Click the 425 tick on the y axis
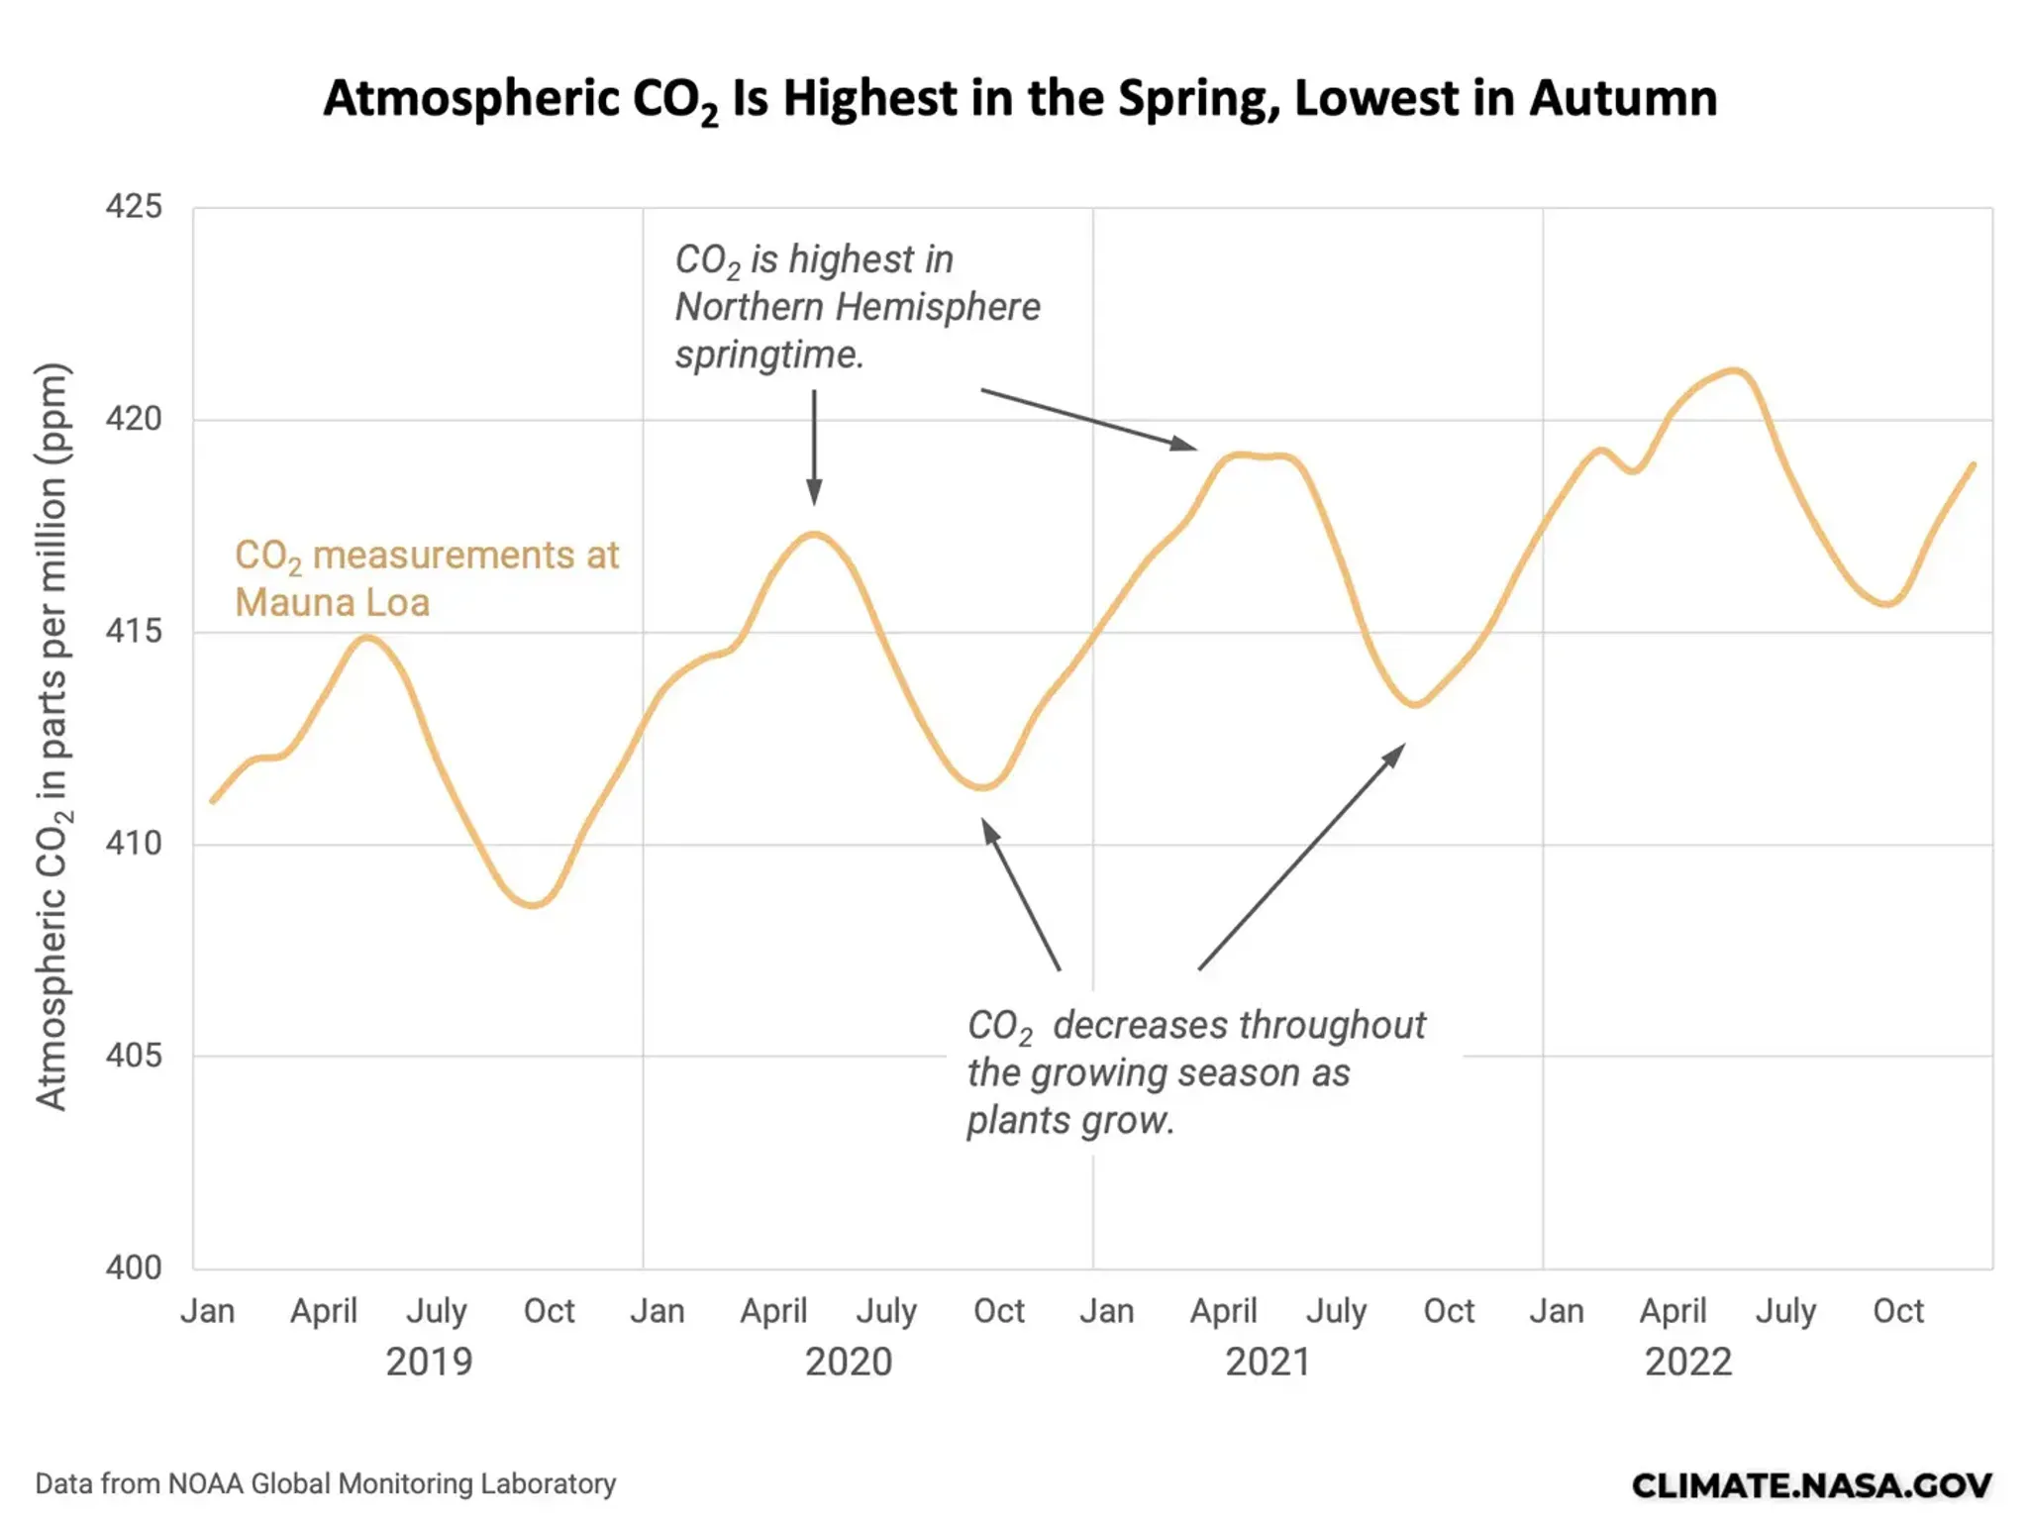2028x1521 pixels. (x=134, y=206)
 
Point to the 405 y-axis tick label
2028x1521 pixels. (x=134, y=1056)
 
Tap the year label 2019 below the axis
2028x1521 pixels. (x=429, y=1363)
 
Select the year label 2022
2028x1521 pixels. (x=1688, y=1363)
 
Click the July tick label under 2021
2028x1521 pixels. (x=1336, y=1312)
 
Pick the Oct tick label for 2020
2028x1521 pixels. (x=998, y=1311)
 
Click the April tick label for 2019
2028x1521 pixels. (x=323, y=1312)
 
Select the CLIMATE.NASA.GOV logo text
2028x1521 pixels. (x=1811, y=1485)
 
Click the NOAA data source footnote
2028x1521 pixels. (x=325, y=1483)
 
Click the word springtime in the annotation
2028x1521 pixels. (x=769, y=355)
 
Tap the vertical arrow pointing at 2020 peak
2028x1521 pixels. (x=814, y=446)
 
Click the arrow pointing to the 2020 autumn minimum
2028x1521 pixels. (x=1020, y=893)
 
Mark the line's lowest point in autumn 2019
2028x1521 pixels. (x=534, y=904)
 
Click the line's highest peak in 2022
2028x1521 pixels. (x=1733, y=371)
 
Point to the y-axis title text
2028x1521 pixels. (x=51, y=737)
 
